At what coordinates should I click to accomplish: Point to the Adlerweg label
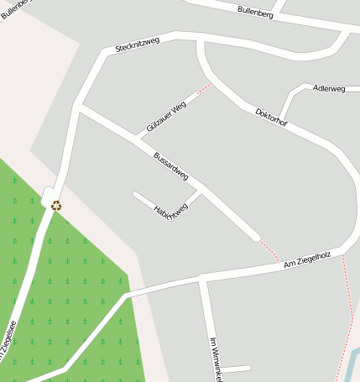tap(328, 88)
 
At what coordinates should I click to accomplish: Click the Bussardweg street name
tap(170, 165)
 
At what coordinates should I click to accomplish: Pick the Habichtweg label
tap(170, 212)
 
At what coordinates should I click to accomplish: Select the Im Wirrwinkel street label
tap(215, 358)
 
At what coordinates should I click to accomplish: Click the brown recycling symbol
tap(56, 206)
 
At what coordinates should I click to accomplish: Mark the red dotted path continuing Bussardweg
tap(269, 249)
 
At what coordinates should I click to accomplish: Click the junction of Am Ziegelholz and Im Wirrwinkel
tap(201, 277)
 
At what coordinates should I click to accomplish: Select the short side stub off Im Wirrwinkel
tap(236, 368)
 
